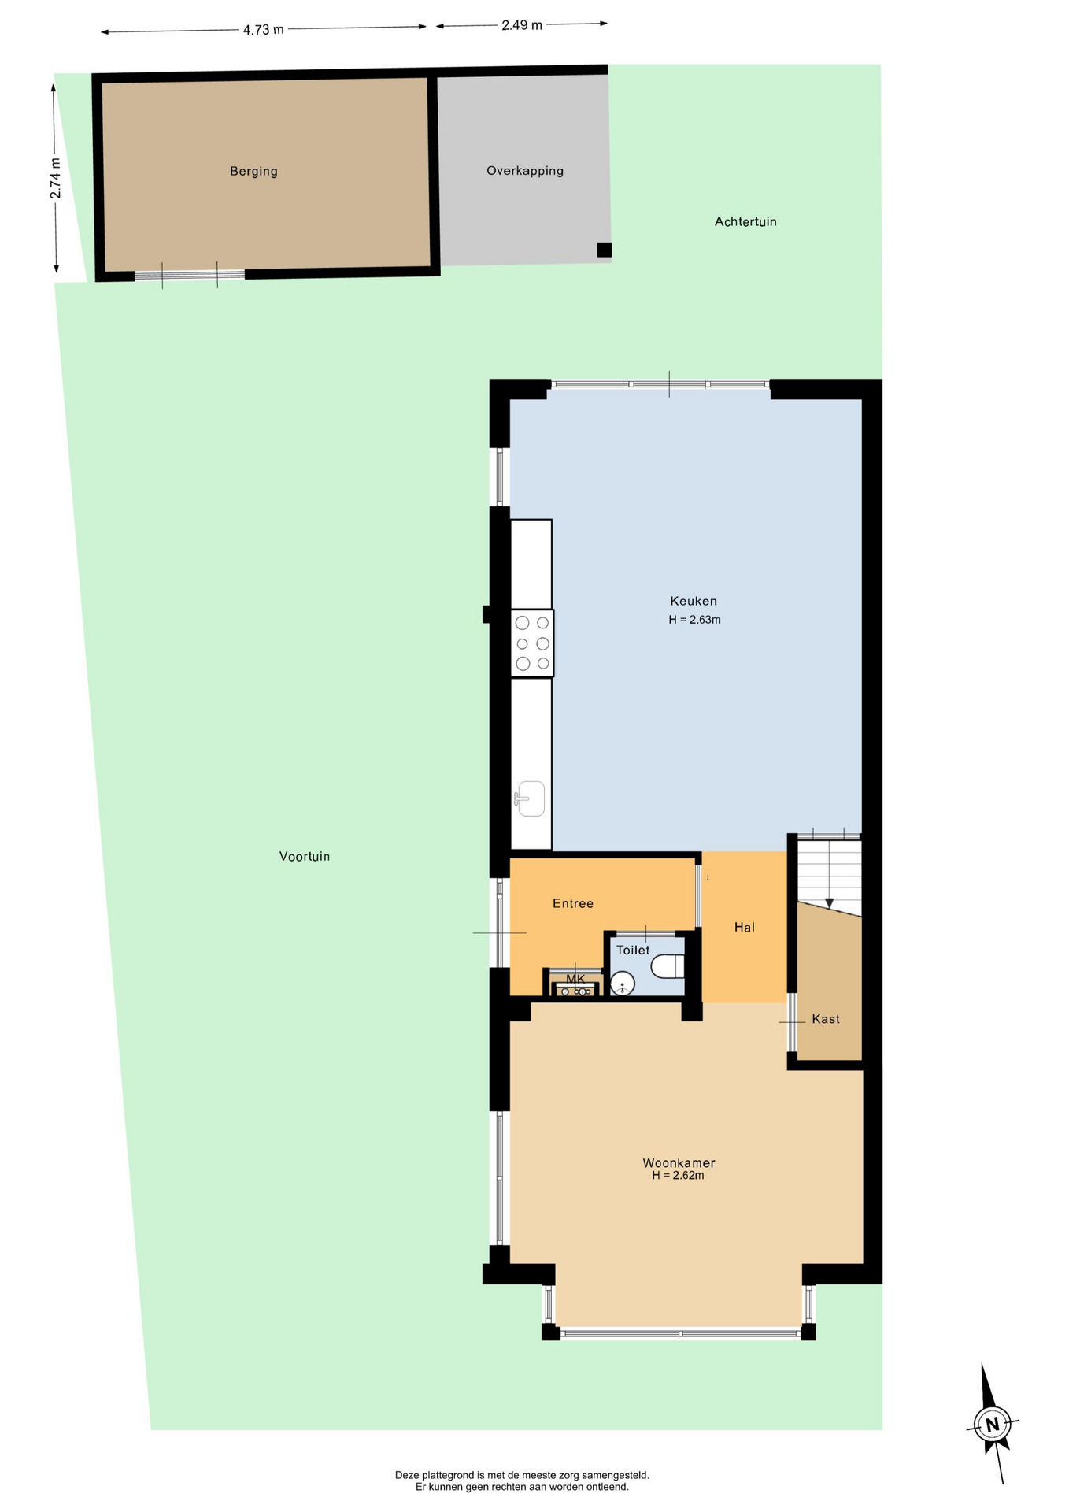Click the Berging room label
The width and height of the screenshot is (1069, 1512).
click(253, 171)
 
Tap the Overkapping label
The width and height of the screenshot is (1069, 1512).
click(525, 171)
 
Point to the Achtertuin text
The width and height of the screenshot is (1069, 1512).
click(745, 221)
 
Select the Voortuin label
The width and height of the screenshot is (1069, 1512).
click(305, 856)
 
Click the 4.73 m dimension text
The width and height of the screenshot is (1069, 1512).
click(263, 30)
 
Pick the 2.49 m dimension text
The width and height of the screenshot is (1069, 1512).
click(522, 25)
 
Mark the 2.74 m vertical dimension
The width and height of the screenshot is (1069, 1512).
click(56, 179)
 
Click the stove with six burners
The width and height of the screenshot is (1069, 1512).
click(532, 643)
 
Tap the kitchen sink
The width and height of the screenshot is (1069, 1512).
click(531, 799)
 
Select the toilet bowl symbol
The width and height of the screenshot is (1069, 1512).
click(668, 966)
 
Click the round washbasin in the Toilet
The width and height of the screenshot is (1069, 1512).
click(623, 984)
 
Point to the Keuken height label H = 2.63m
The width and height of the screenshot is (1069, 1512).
click(694, 620)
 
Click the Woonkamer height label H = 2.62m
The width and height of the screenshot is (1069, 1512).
click(678, 1175)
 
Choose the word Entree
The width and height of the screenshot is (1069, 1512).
click(573, 903)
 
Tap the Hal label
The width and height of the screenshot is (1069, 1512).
click(745, 927)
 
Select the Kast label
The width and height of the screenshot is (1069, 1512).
click(826, 1019)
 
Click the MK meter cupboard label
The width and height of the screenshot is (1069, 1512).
click(575, 979)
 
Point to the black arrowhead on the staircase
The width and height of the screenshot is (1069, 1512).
click(829, 903)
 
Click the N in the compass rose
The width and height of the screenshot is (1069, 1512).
click(992, 1424)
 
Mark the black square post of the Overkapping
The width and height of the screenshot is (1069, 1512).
click(604, 250)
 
